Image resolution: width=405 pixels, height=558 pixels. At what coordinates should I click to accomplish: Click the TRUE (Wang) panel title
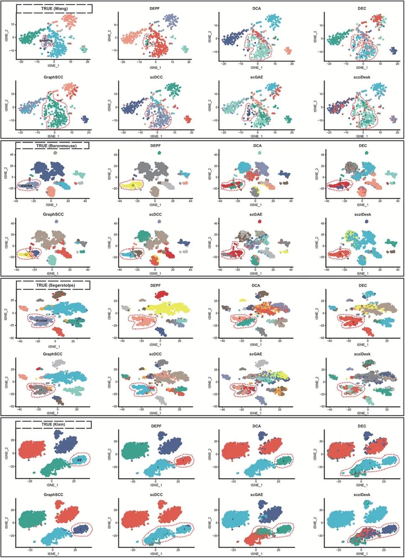54,8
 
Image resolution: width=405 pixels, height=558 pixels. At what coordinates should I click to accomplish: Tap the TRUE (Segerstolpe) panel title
53,285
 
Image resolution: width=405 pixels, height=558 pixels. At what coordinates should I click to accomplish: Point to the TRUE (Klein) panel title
53,424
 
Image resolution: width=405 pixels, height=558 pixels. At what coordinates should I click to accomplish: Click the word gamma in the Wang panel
46,41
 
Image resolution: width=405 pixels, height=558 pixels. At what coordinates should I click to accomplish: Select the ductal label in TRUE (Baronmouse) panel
26,185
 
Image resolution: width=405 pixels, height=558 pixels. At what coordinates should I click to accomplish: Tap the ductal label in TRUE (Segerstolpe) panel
41,320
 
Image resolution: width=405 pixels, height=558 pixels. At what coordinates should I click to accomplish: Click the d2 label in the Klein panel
79,460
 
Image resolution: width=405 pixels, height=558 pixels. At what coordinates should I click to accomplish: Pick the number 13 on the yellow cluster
133,185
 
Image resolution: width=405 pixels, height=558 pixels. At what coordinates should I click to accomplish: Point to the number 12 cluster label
26,254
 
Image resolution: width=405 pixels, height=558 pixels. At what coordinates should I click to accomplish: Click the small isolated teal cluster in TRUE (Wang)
84,50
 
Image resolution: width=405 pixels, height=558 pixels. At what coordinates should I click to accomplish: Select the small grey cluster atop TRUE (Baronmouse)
55,153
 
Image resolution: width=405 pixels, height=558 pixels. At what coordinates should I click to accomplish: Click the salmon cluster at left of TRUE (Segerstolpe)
23,307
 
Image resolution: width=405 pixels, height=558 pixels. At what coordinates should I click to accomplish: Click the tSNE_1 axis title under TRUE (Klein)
53,485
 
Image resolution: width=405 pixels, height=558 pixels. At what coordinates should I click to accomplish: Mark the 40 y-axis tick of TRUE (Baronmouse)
12,155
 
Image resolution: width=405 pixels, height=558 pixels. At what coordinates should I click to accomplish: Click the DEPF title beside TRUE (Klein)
155,426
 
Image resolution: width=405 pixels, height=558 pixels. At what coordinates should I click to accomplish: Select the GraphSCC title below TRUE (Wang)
53,77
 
